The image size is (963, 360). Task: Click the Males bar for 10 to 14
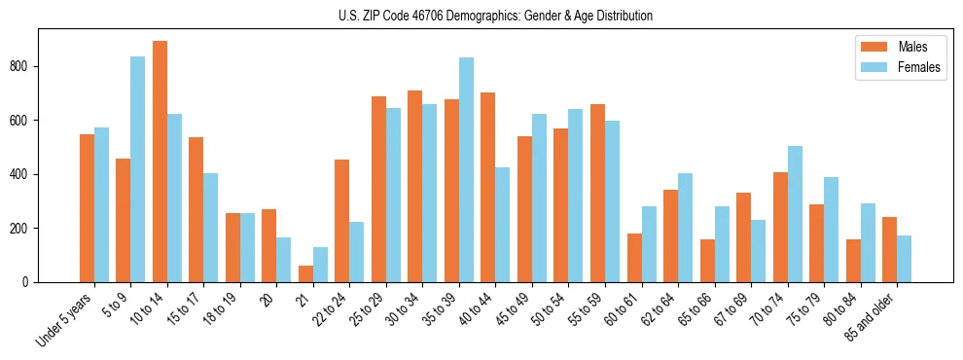(160, 162)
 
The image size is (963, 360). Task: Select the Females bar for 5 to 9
(138, 169)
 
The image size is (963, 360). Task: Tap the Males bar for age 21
(305, 273)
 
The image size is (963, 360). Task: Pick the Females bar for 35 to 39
(466, 169)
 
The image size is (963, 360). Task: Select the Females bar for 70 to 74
(795, 214)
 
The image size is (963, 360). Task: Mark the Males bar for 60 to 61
(634, 258)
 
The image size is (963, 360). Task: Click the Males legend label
(912, 47)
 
